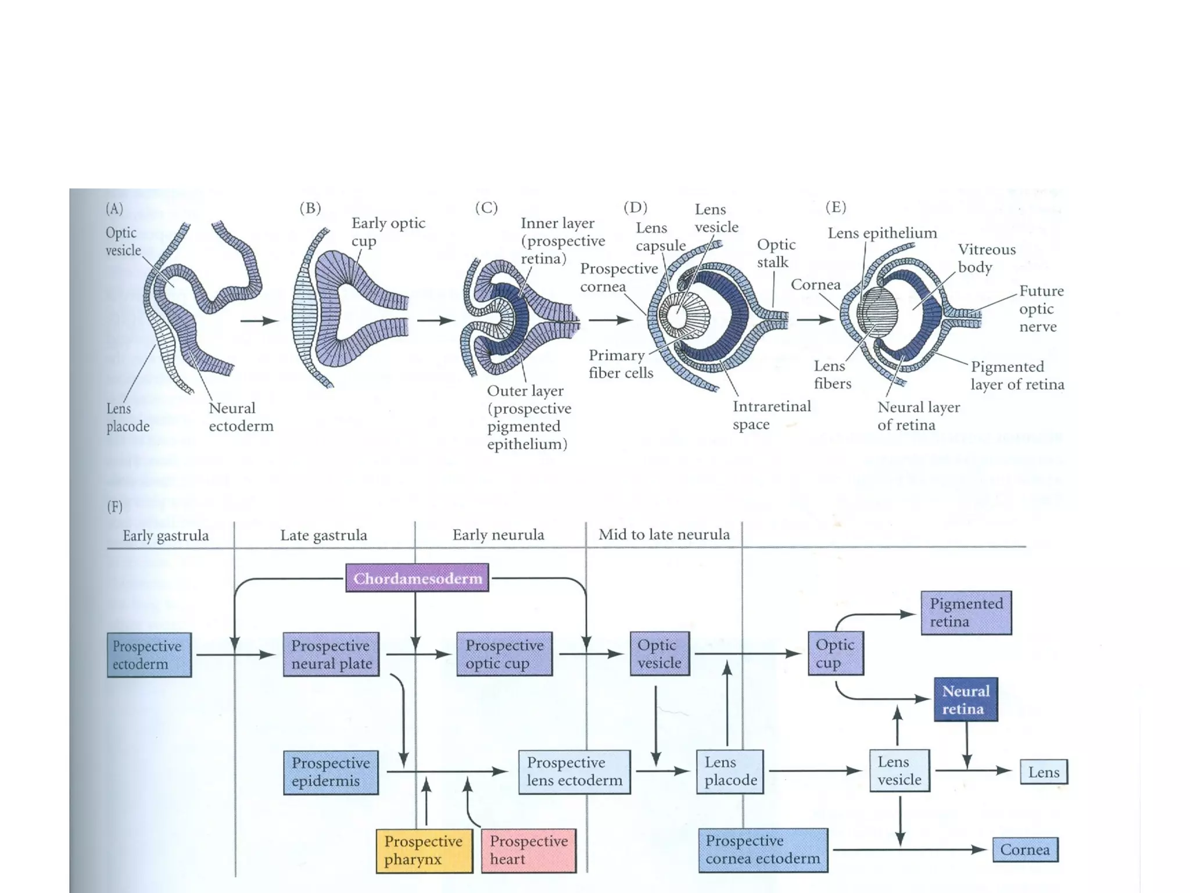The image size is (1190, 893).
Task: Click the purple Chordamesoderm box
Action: pos(417,578)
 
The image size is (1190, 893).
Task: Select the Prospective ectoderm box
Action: pos(149,655)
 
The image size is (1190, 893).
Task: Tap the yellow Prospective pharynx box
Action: pos(423,850)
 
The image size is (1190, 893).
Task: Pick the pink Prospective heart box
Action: pos(528,850)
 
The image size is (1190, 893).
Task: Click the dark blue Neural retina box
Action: pos(965,699)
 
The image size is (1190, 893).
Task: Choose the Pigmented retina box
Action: pos(966,613)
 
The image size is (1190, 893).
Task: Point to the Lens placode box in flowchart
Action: pos(730,771)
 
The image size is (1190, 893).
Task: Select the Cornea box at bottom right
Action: pos(1024,849)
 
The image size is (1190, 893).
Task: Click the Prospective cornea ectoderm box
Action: pos(762,849)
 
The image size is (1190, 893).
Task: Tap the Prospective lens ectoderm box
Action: pos(574,771)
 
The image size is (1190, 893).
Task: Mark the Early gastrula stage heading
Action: pos(166,535)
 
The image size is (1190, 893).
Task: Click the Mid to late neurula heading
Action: pos(664,534)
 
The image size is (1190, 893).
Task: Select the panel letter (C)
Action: pos(486,208)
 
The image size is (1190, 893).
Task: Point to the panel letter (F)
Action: pos(114,506)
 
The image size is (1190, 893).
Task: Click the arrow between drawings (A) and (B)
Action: pos(259,320)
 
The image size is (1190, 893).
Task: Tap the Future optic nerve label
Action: pos(1041,308)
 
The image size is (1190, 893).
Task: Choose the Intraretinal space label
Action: pos(771,415)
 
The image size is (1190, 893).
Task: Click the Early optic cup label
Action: pos(388,231)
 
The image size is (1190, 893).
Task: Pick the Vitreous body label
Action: pos(986,258)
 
